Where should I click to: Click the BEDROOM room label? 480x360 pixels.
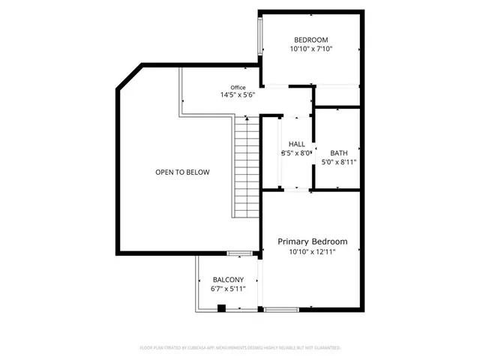point(311,40)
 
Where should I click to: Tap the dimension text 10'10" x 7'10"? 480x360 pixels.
point(311,49)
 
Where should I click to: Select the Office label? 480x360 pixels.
point(238,87)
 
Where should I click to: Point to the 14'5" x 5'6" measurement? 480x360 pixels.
point(238,95)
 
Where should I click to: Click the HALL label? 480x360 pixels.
point(296,144)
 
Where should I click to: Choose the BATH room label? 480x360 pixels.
point(338,151)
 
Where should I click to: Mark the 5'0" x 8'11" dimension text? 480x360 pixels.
point(338,161)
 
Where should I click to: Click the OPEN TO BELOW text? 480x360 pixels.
point(182,172)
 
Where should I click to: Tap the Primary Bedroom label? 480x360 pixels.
point(313,241)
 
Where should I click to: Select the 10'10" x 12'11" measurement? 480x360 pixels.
point(313,252)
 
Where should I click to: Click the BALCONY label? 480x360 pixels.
point(228,279)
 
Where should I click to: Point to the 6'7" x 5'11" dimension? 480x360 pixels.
point(228,289)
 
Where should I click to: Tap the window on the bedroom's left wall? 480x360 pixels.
point(261,36)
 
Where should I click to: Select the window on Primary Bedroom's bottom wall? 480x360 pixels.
point(281,310)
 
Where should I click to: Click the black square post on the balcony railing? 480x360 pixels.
point(221,307)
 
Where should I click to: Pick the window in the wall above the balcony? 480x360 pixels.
point(238,253)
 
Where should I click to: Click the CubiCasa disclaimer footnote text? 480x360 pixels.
point(240,348)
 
